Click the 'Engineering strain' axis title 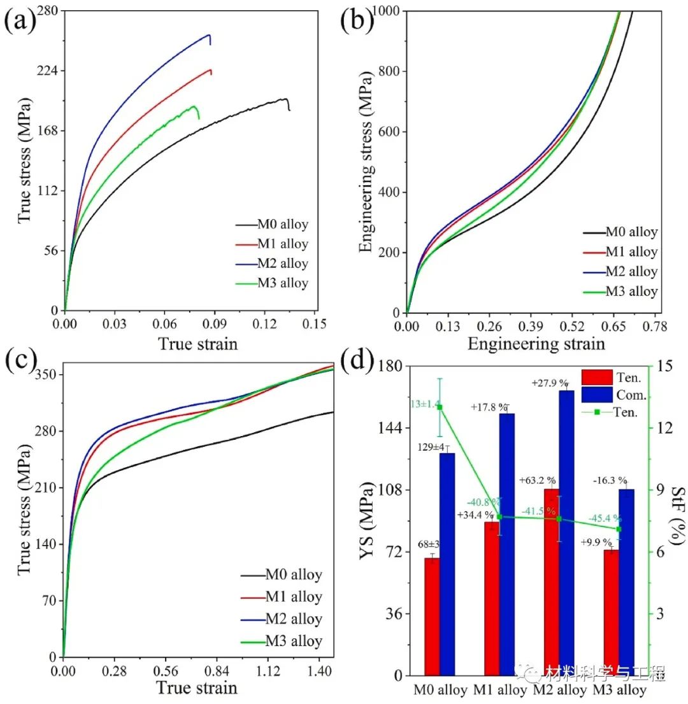[x=536, y=344]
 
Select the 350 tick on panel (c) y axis [x=47, y=374]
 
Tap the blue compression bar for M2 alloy [x=566, y=532]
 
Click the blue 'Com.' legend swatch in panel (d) [x=597, y=395]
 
